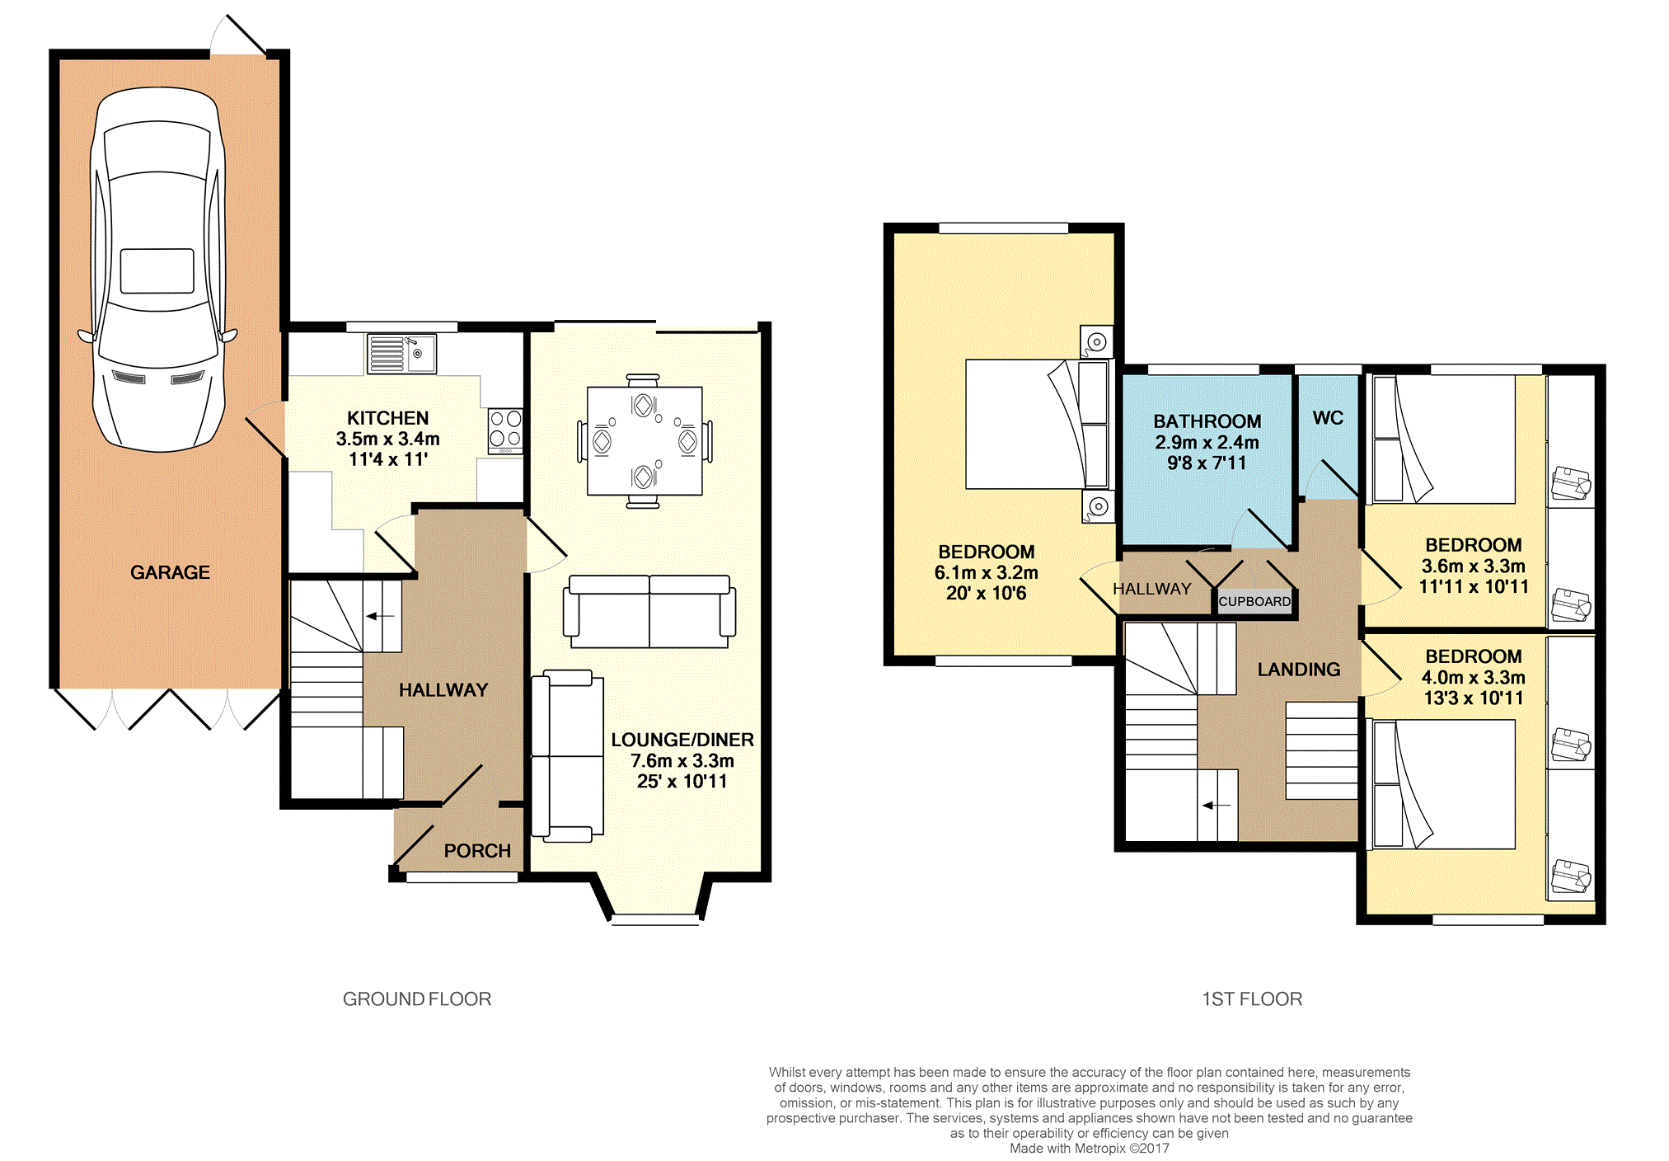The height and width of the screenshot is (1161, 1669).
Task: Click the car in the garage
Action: point(157,269)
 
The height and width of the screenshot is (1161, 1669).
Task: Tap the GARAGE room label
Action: point(170,572)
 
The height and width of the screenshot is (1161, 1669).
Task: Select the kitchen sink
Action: point(401,354)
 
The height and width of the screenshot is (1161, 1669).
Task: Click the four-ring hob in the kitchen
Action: point(505,430)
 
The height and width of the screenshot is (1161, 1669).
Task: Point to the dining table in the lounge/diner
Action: point(645,441)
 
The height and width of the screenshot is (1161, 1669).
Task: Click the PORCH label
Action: point(477,851)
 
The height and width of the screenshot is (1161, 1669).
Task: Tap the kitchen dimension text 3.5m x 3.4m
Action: point(387,439)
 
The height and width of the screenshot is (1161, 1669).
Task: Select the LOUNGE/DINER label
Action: point(682,740)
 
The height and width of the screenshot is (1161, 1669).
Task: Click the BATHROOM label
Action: point(1207,421)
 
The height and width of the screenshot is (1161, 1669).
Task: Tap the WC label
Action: point(1328,418)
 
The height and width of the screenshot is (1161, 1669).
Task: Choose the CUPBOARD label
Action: point(1254,602)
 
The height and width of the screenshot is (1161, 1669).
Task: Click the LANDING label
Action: point(1299,670)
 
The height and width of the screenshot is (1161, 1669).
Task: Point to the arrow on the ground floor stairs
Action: point(380,616)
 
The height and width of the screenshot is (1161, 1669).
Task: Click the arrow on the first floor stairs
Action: point(1217,806)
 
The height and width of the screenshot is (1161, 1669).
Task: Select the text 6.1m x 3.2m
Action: point(987,572)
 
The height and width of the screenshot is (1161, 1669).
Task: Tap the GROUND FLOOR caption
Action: point(417,999)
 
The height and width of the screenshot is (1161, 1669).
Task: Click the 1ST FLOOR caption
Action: point(1252,999)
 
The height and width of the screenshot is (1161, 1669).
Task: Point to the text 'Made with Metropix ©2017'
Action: point(1090,1149)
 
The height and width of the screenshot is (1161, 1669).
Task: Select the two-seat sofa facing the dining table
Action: point(649,611)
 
